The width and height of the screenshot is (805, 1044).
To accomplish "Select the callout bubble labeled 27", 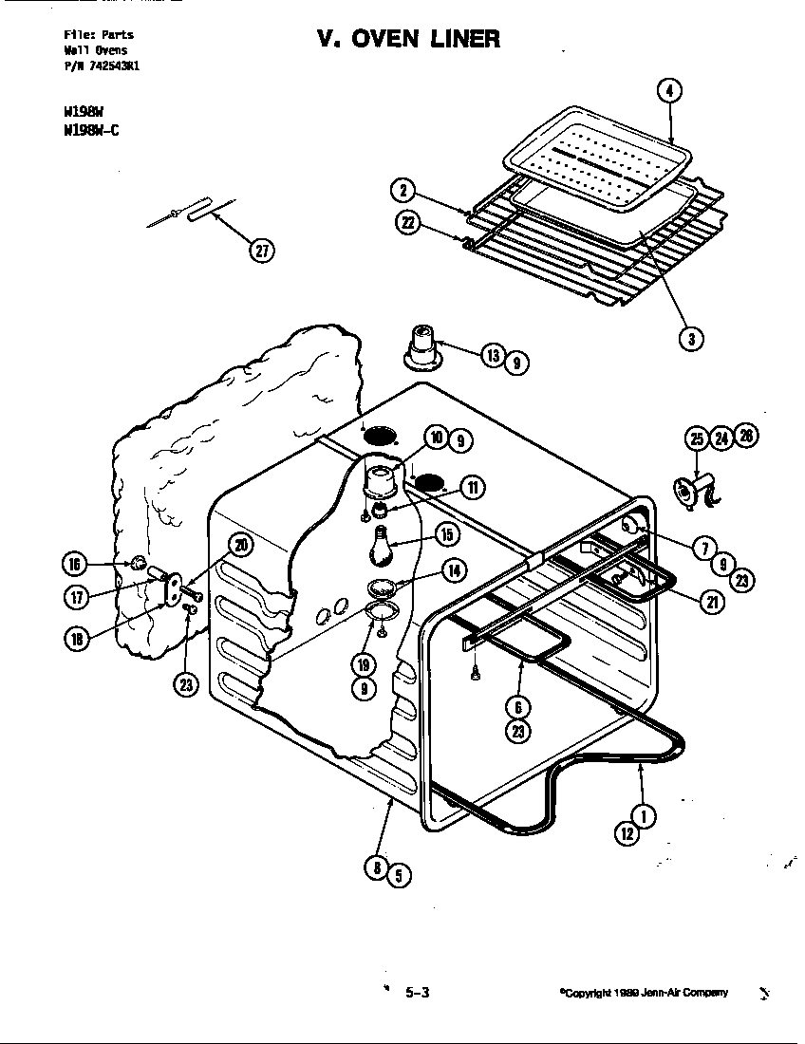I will pos(261,250).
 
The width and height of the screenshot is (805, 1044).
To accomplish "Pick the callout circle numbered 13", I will pos(492,356).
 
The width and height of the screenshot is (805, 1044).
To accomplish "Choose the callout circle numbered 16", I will pos(74,564).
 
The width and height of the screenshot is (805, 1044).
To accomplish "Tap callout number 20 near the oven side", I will pos(241,544).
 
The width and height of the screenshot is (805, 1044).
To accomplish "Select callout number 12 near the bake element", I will pos(627,833).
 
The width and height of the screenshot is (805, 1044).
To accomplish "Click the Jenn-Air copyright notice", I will pos(644,993).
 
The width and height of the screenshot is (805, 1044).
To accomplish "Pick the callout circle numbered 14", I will pos(453,570).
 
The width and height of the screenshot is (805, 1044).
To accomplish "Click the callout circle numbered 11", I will pos(471,488).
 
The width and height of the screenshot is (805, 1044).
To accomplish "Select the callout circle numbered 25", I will pos(696,438).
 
